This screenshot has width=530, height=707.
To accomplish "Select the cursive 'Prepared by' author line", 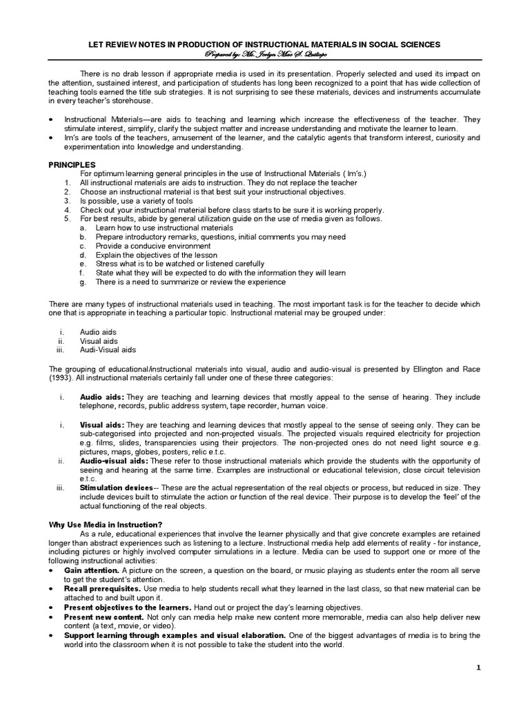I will pos(265,53).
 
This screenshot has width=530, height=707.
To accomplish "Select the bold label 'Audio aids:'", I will pos(101,398).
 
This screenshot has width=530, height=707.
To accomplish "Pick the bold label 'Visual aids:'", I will pos(102,425).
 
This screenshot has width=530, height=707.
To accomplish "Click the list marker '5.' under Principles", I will pos(67,218).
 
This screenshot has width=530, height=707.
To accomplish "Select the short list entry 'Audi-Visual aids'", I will pos(108,350).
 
